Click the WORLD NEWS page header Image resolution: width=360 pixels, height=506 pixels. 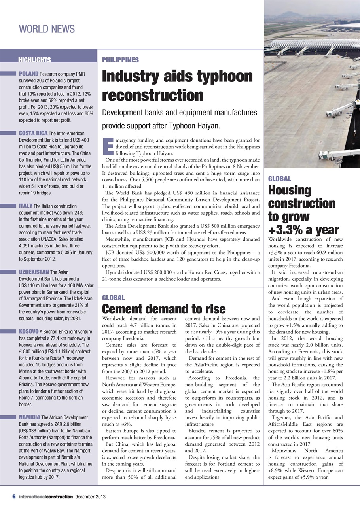tap(47, 29)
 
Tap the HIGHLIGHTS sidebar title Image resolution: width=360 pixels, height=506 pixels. tap(34, 60)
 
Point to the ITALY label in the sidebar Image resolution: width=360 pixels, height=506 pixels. tap(26, 206)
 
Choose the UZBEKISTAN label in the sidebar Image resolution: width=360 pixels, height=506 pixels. tap(34, 272)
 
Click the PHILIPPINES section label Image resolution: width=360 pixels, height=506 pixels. tap(120, 60)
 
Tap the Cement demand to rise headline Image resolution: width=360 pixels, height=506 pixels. tap(164, 309)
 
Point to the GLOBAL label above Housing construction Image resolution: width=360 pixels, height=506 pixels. tap(279, 179)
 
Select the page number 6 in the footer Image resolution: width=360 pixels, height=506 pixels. tap(13, 496)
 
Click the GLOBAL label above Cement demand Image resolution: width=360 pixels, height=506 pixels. tap(113, 298)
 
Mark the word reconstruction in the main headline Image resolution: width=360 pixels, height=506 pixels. tap(153, 95)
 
